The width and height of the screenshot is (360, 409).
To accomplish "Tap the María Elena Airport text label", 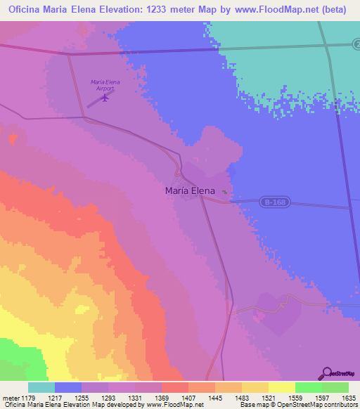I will click(x=105, y=85).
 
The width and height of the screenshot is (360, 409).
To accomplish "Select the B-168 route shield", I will click(x=275, y=202).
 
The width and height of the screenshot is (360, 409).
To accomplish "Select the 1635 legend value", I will click(x=348, y=398).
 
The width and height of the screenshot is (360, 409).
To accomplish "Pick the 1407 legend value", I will click(x=188, y=398).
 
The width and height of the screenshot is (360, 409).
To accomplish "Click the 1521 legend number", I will click(x=268, y=398).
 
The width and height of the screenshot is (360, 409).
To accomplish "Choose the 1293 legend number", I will click(x=108, y=398).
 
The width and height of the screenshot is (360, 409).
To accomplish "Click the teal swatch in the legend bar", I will click(x=41, y=387).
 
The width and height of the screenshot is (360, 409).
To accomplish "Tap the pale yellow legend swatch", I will click(x=282, y=387).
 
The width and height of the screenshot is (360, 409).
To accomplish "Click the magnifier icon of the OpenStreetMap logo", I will click(x=326, y=373).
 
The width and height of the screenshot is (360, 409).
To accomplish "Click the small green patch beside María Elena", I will click(x=224, y=193).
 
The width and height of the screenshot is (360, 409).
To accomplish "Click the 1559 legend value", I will click(x=295, y=398).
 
